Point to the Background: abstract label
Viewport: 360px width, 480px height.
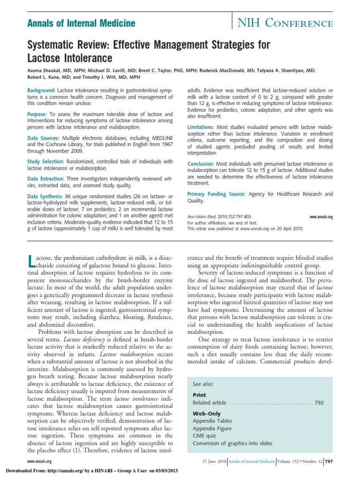[x=41, y=90]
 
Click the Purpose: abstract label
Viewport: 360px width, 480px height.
[x=37, y=114]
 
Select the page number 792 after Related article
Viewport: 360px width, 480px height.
[x=319, y=403]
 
